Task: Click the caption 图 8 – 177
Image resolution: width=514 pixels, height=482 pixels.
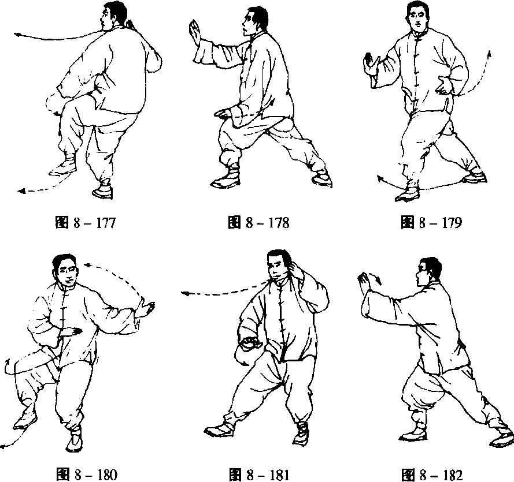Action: coord(86,223)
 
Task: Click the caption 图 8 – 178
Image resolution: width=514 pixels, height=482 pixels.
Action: coord(258,223)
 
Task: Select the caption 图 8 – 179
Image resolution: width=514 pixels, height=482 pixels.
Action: coord(431,223)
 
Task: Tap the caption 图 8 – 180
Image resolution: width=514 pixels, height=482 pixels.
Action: coord(87,474)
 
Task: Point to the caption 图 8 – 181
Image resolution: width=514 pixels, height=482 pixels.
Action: coord(259,475)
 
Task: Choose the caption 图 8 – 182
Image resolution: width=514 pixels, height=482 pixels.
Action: coord(432,475)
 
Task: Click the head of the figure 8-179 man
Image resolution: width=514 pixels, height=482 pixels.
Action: coord(418,16)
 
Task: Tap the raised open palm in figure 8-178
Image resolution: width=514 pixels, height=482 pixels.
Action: coord(195,33)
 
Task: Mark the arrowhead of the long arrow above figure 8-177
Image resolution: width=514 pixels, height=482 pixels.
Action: coord(17,34)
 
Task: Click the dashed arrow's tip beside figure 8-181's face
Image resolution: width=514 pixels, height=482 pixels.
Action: coord(184,293)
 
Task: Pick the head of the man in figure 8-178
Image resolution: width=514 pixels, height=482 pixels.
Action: coord(255,21)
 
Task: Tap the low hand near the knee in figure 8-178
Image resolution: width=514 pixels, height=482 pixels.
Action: coord(224,114)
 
